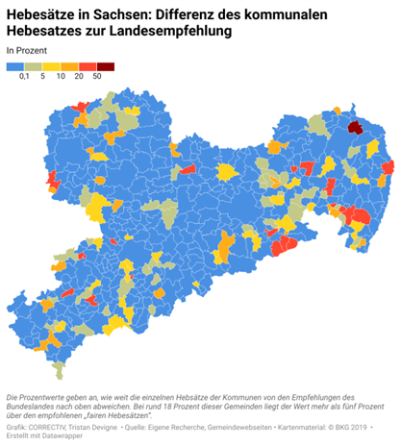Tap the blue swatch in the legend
pos(15,66)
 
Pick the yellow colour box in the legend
pos(52,66)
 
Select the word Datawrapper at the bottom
pos(57,437)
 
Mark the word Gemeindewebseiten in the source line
pos(236,427)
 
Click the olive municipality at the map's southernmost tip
pos(60,370)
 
